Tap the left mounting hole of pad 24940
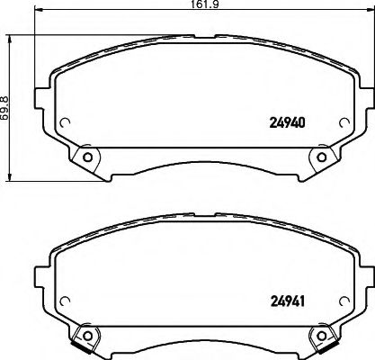click(87, 159)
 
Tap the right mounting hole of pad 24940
click(321, 159)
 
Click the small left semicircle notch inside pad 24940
click(64, 125)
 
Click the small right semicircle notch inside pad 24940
click(344, 125)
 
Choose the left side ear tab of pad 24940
click(40, 96)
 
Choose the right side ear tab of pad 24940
click(367, 96)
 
